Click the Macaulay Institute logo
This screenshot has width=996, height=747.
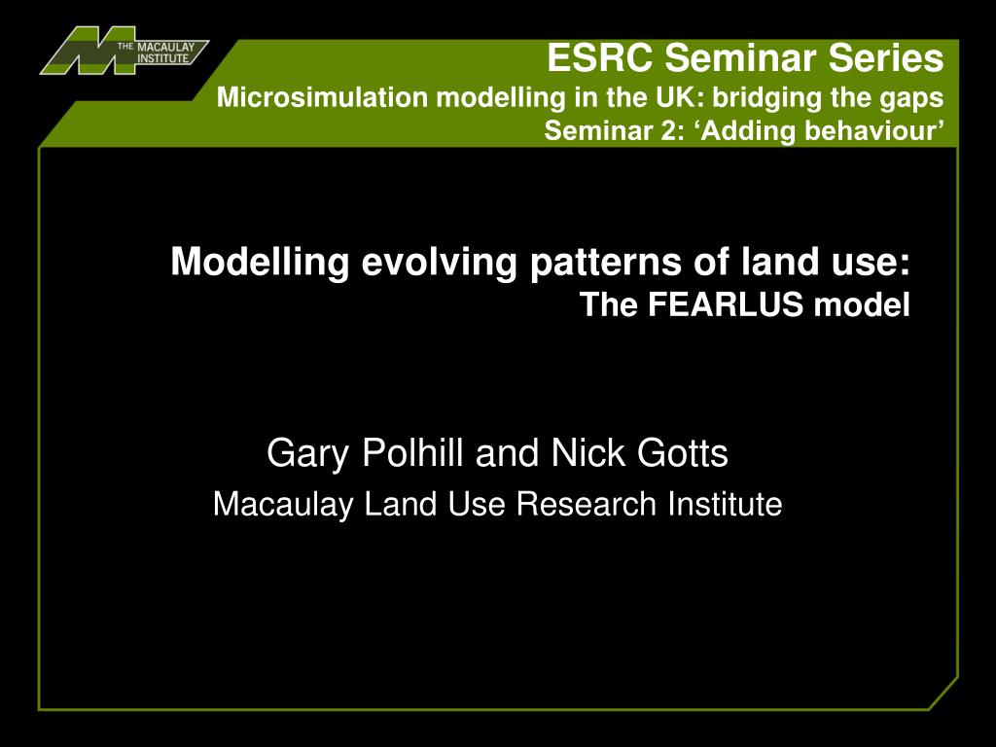[124, 51]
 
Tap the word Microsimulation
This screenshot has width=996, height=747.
[323, 97]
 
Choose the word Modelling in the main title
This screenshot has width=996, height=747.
[260, 262]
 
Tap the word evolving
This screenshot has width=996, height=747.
[440, 262]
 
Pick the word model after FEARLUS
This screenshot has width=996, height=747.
[862, 304]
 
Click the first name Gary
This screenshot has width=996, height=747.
[308, 453]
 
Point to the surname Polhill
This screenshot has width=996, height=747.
[412, 452]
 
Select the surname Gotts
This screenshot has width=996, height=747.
[683, 452]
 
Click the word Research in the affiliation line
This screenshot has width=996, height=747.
[587, 505]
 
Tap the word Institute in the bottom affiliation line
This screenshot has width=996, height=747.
[725, 505]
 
